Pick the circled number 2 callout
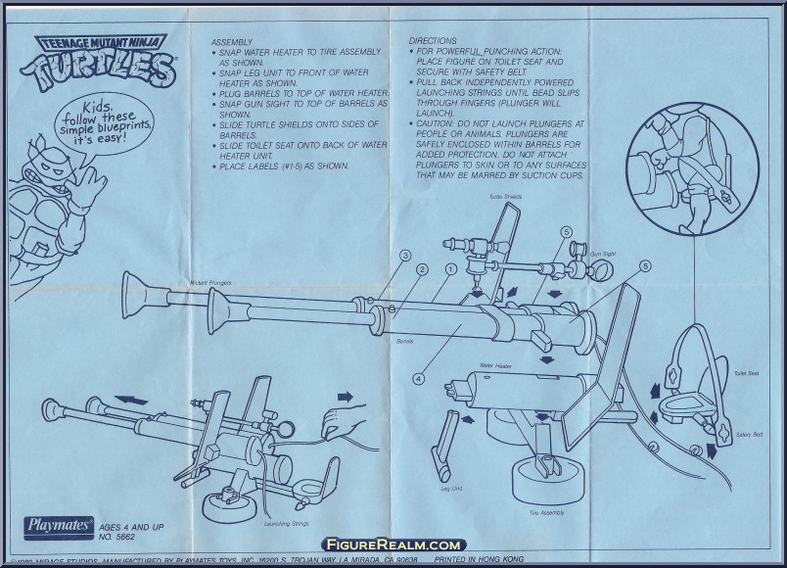point(422,269)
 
